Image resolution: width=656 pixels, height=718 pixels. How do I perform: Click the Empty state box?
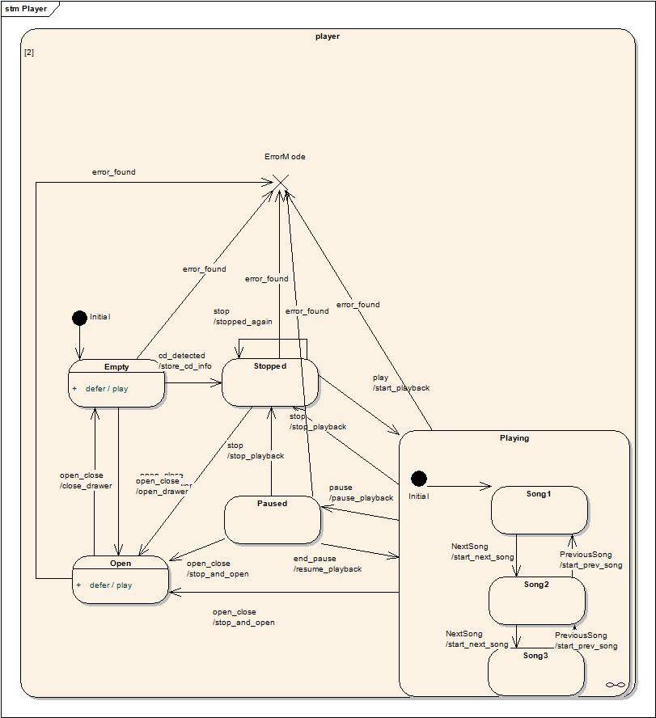coord(116,382)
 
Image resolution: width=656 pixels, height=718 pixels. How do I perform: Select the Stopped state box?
coord(269,382)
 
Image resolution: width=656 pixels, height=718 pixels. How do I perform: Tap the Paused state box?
coord(272,520)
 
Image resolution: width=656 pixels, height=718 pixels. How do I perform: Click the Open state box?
coord(121,579)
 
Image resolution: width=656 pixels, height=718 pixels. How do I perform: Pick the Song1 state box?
coord(539,510)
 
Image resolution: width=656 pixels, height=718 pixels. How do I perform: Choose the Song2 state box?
coord(536,601)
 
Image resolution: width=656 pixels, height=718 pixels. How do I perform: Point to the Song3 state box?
coord(535,671)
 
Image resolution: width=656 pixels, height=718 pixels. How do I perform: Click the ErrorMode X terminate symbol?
coord(279,183)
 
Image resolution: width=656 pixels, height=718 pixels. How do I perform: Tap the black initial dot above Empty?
coord(79,318)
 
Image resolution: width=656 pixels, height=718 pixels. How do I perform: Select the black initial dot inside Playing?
coord(418,479)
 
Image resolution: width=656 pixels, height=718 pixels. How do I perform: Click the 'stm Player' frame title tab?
coord(26,9)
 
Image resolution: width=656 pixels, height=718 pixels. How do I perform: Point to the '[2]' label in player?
coord(29,53)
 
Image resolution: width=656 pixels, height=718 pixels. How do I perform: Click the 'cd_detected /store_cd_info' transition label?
coord(184,361)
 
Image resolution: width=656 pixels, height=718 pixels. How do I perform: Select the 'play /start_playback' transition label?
coord(400,382)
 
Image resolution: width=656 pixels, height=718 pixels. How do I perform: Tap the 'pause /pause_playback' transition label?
coord(361,492)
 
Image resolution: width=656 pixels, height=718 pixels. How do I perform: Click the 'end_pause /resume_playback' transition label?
coord(327,564)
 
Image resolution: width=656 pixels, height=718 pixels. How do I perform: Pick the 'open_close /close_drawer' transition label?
coord(85,480)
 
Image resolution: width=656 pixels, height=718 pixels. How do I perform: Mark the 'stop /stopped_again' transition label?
coord(242,316)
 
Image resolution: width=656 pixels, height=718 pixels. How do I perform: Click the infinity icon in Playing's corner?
coord(616,685)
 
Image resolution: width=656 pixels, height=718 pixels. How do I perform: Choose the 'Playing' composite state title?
coord(514,438)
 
